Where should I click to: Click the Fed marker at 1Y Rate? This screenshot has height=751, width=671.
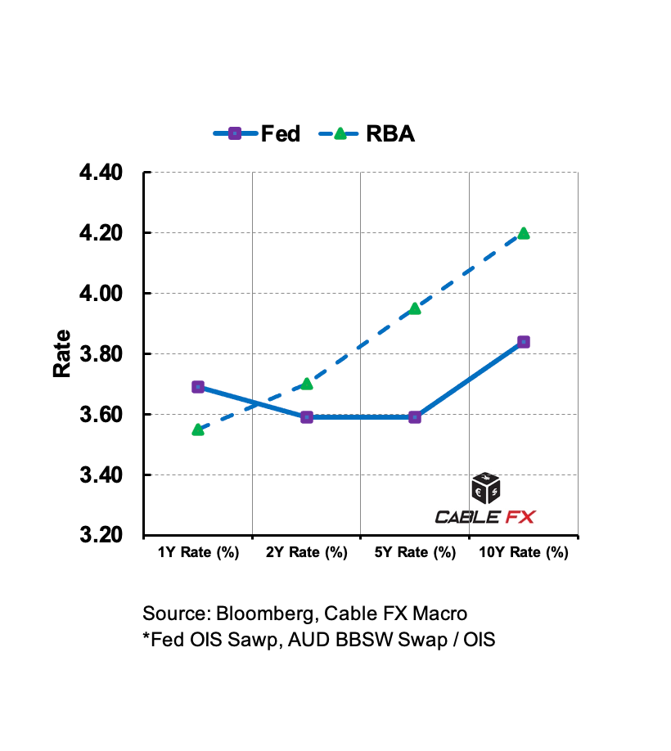198,387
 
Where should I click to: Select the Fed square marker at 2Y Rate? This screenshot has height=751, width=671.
307,417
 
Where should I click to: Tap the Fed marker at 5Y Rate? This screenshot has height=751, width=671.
415,417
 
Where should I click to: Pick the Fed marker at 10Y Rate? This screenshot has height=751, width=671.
524,342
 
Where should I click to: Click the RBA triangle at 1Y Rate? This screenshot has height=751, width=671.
198,429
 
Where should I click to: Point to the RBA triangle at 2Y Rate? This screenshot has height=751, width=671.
307,384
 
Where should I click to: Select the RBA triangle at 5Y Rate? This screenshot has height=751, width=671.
415,308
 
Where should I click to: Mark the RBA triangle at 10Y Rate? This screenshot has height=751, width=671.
524,233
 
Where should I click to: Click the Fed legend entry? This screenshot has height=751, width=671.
257,133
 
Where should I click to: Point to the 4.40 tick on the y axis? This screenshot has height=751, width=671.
101,173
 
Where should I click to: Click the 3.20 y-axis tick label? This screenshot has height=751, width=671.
101,536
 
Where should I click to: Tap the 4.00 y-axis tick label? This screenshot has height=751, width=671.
101,294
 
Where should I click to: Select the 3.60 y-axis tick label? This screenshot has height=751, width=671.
101,415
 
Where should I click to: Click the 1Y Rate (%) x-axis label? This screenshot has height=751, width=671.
198,553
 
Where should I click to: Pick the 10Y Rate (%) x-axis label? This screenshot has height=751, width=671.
524,553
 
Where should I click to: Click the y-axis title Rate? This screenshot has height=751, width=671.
62,353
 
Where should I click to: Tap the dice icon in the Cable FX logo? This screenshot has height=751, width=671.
486,488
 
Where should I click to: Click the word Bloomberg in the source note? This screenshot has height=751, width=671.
263,614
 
